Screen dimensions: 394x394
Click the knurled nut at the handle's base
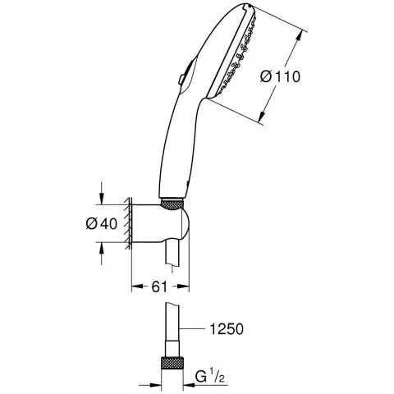(172, 204)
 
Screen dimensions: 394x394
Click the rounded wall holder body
(163, 226)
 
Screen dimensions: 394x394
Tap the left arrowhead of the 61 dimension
(135, 288)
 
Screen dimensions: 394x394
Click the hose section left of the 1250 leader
(172, 328)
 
